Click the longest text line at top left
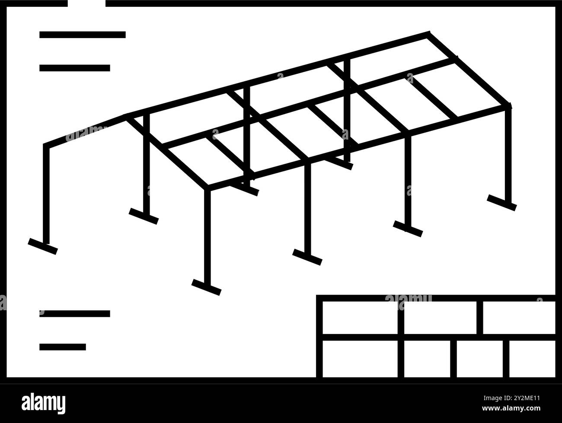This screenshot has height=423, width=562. pos(82,35)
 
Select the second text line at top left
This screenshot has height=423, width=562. pos(74,68)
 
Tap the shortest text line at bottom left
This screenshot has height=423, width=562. pos(62,347)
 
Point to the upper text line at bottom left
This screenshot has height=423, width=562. pos(74,314)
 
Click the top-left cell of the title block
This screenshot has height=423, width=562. pos(360,318)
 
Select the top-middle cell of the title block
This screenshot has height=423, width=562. pos(441,318)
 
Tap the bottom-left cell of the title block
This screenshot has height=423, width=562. pos(360,359)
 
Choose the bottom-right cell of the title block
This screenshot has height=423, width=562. pos(532,359)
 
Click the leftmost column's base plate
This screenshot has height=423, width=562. pos(43,246)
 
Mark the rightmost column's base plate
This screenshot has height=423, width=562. pos(501,202)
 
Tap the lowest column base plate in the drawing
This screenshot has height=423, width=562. pos(206,287)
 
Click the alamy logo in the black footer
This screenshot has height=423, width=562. pos(44,403)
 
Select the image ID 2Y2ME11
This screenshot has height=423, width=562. pos(517,398)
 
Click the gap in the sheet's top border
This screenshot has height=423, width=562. pos(86,3)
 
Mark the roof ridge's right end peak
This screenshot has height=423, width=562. pos(428,34)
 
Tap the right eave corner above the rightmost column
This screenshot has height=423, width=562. pos(508,106)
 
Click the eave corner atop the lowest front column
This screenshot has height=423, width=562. pos(207,188)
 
